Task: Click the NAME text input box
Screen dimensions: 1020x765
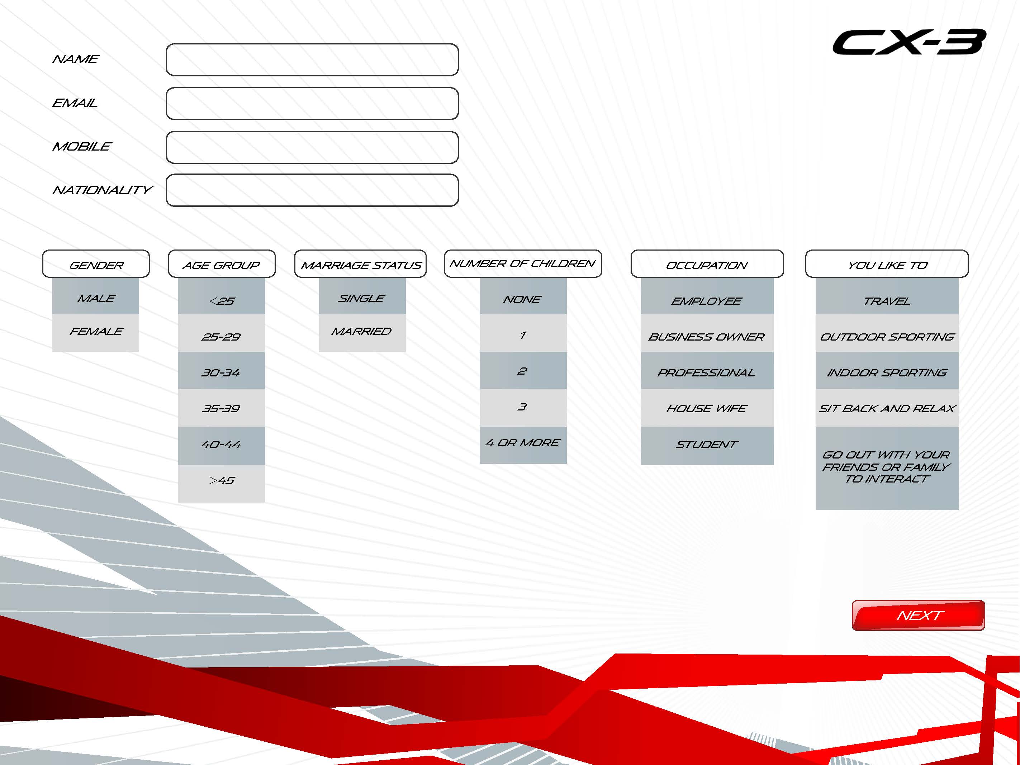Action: point(312,60)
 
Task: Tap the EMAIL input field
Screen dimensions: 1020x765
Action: point(312,103)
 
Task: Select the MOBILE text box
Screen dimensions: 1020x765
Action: point(312,147)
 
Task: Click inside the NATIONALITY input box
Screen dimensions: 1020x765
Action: point(312,190)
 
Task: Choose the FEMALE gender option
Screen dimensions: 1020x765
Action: point(95,333)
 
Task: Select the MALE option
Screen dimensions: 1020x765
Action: point(95,296)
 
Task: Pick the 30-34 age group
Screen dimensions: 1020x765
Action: point(221,371)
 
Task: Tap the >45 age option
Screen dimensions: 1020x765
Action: point(221,483)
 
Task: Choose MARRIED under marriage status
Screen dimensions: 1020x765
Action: point(362,333)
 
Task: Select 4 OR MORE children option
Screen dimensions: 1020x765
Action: point(523,445)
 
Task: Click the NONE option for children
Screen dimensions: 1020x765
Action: point(523,296)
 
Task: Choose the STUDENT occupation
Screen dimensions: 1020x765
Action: point(707,446)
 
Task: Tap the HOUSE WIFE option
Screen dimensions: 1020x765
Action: point(707,408)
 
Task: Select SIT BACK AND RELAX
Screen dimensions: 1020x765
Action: point(887,408)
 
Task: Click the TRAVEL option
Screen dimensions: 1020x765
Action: point(887,296)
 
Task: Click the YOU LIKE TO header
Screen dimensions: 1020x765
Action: point(887,264)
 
